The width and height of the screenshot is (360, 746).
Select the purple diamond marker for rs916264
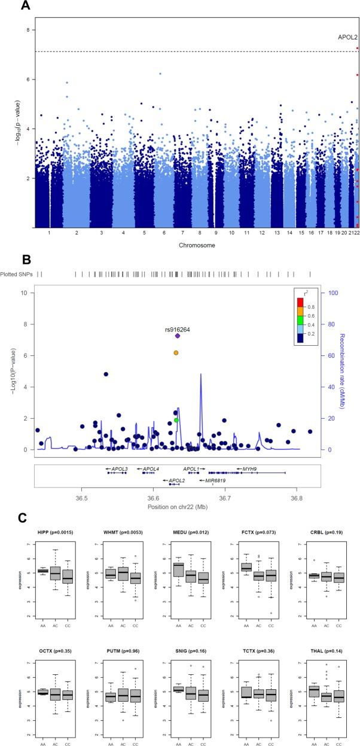(x=178, y=336)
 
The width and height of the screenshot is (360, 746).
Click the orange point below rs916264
(x=176, y=353)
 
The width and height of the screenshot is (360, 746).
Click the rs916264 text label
(x=178, y=328)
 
